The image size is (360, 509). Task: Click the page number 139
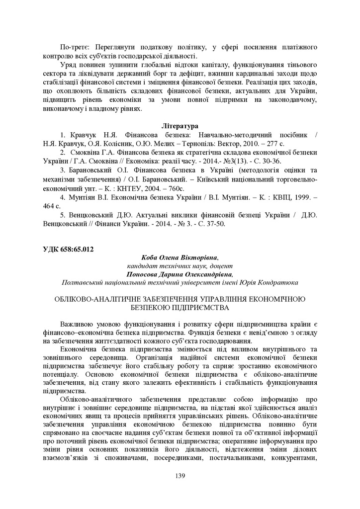click(x=180, y=476)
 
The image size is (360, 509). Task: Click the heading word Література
click(x=180, y=126)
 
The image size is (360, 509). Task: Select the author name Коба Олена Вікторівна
click(x=180, y=257)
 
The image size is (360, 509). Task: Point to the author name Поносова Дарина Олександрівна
click(x=180, y=274)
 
